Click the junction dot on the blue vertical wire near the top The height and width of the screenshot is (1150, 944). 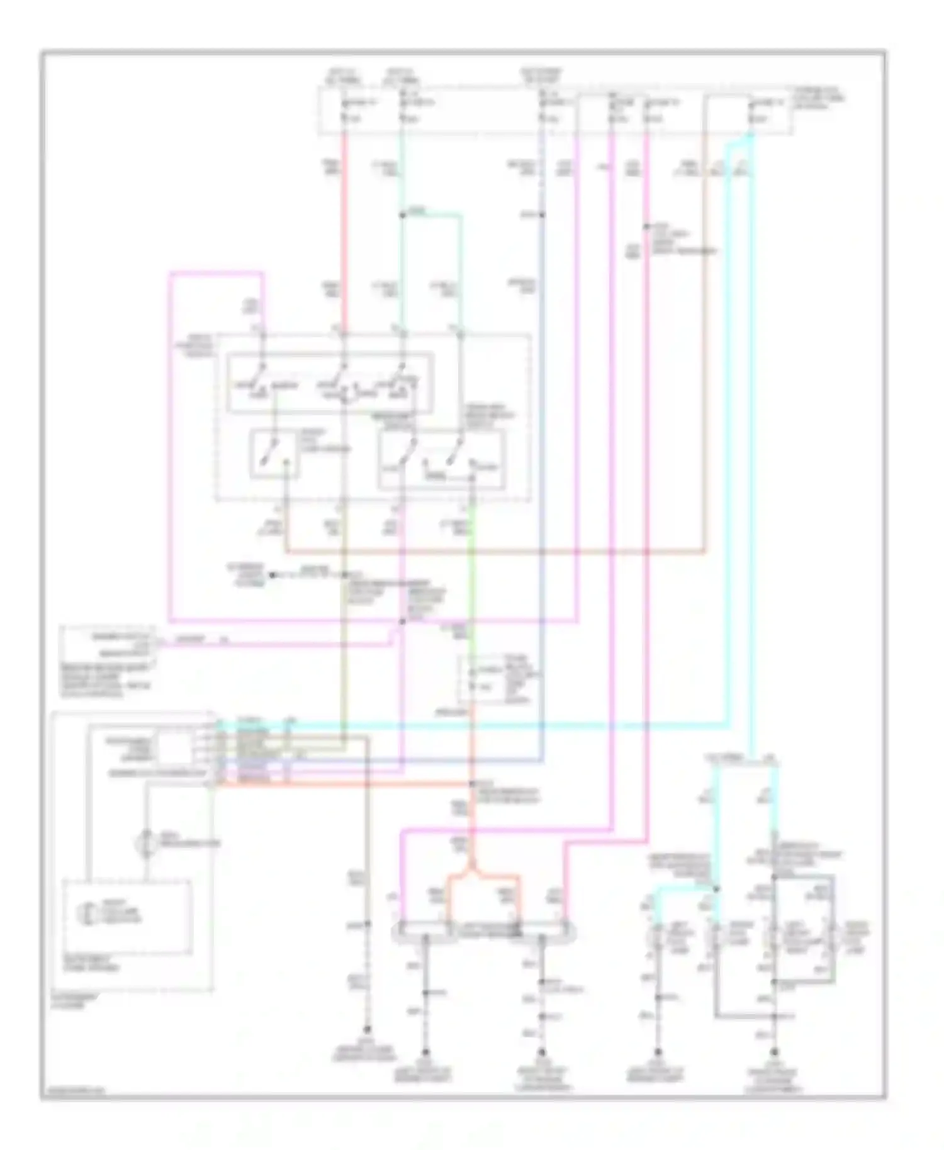(x=542, y=215)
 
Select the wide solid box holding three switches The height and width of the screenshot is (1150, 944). (x=330, y=383)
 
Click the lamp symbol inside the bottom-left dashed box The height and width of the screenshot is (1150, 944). (x=85, y=914)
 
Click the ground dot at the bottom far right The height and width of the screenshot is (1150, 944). (x=774, y=1051)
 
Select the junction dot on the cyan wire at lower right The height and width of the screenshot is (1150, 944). (x=716, y=889)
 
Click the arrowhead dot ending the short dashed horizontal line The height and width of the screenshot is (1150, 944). (x=273, y=574)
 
